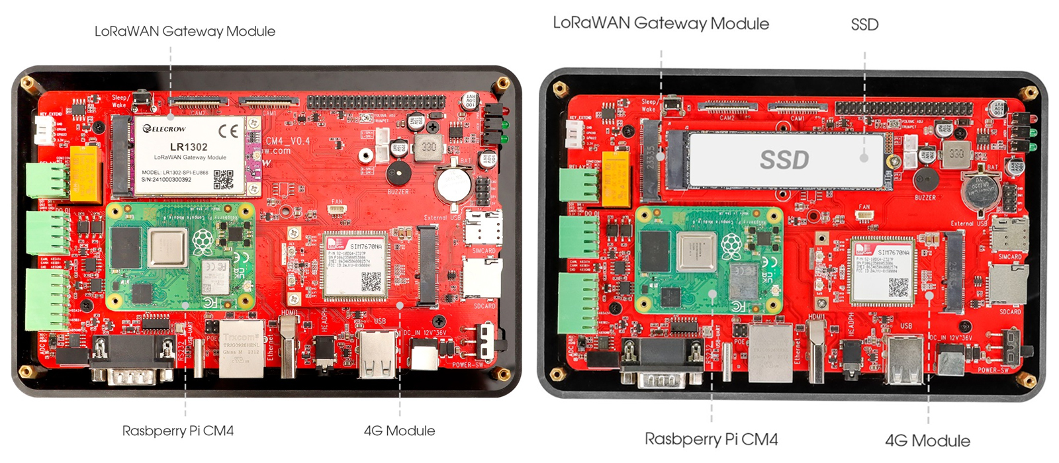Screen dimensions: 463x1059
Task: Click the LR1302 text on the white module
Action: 189,147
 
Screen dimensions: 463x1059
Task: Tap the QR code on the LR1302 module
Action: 224,179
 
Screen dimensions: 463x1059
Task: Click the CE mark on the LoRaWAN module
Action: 228,131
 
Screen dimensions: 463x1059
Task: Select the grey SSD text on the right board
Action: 784,159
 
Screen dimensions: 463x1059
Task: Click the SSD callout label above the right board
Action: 864,24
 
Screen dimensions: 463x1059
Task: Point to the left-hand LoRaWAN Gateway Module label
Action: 185,31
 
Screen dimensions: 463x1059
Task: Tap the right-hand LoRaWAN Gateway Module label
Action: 661,24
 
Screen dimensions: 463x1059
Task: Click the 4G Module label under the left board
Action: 399,431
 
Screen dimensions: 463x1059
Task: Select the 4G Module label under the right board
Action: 927,441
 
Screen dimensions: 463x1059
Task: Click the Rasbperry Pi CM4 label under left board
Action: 178,431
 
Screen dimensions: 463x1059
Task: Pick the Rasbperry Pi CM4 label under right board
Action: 711,439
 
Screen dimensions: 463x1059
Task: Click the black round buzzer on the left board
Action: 398,173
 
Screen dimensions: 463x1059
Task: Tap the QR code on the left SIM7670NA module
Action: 371,282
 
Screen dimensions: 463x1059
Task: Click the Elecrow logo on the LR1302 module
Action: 165,129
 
